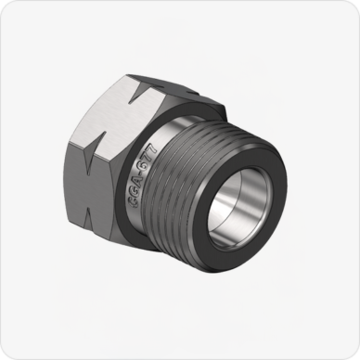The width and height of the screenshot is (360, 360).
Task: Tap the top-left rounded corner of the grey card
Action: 7,7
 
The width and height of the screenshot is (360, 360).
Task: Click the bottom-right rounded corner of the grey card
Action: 352,352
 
